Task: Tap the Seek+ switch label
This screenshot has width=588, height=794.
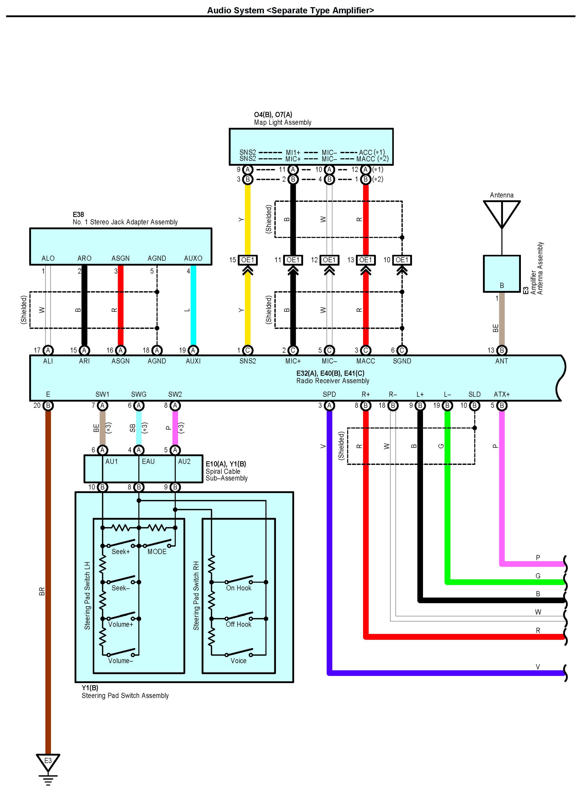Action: point(121,551)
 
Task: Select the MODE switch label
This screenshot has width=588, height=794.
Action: point(157,551)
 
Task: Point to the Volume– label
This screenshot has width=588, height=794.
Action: point(121,661)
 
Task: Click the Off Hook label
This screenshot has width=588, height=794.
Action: point(239,624)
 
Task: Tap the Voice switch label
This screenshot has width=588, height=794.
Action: point(239,661)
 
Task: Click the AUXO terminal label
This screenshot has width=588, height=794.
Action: point(193,258)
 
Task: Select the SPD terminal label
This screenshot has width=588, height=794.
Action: point(329,394)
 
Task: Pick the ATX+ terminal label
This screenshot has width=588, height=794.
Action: point(502,394)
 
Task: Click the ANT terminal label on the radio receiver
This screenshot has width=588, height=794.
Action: point(502,361)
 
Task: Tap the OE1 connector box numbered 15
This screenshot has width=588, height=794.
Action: point(248,260)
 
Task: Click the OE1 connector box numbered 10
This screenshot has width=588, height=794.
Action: point(402,260)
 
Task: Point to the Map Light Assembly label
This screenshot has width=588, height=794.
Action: point(283,122)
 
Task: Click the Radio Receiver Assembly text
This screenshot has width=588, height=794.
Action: point(333,381)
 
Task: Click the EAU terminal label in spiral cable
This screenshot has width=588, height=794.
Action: point(148,462)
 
